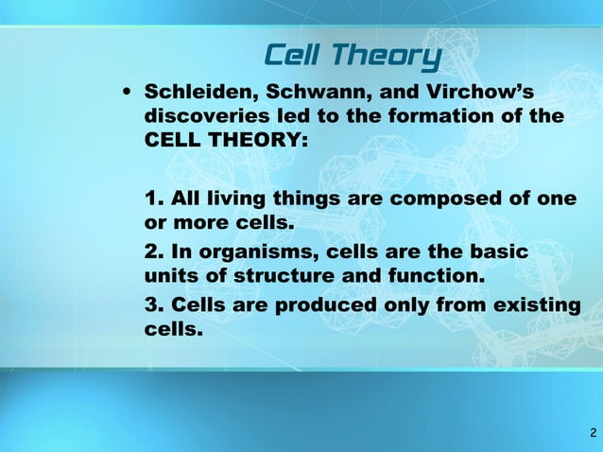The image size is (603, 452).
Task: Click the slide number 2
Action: tap(591, 433)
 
